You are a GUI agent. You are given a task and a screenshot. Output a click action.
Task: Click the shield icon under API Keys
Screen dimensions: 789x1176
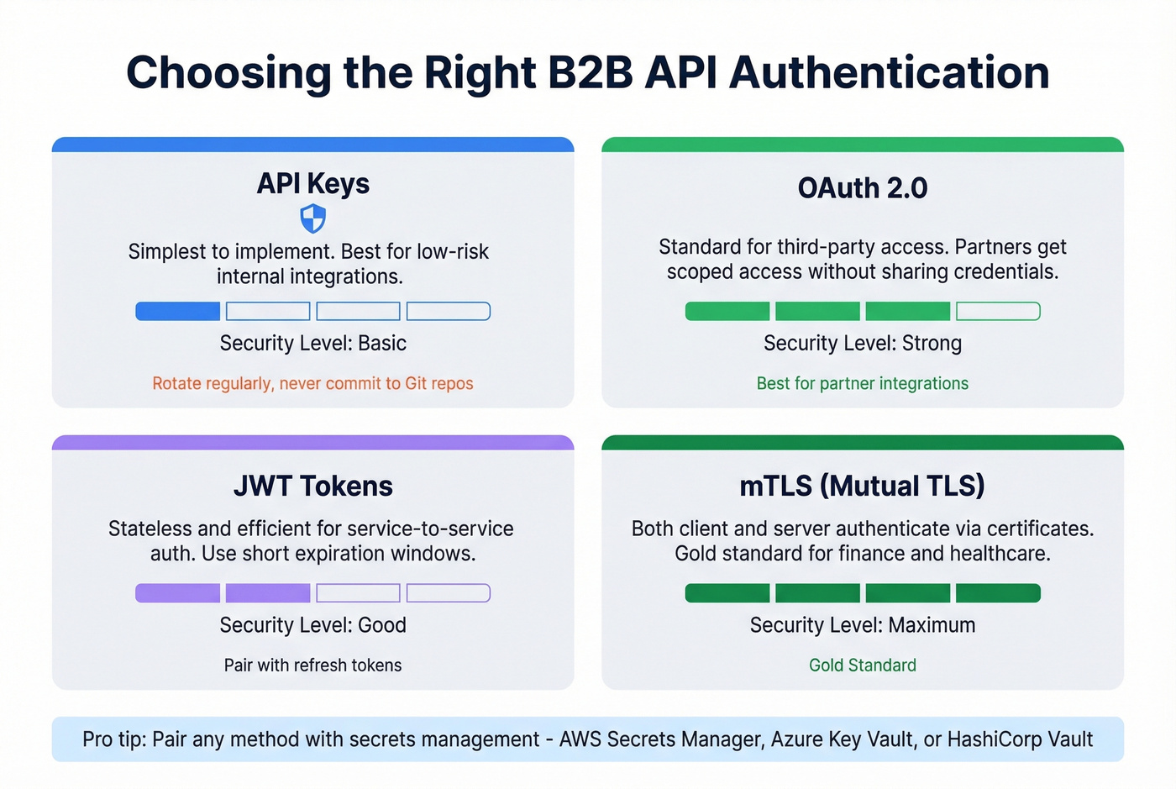click(312, 219)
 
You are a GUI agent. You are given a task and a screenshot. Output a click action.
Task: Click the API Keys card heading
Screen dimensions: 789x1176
click(312, 183)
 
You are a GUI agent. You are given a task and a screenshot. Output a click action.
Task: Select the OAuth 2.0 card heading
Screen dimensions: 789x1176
click(862, 187)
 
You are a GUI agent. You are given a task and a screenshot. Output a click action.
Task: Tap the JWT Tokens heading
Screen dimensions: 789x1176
click(312, 486)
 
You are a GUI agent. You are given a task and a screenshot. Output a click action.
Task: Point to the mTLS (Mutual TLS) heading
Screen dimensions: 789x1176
click(862, 486)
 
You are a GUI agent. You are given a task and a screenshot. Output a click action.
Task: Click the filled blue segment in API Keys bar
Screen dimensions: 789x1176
click(178, 312)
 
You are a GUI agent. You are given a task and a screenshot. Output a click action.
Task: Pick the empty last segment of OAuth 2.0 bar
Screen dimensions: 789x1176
click(998, 312)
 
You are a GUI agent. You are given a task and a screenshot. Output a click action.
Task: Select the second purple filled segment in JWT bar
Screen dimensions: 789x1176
click(268, 593)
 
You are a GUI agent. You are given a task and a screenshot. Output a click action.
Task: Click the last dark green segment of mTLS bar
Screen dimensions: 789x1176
click(998, 593)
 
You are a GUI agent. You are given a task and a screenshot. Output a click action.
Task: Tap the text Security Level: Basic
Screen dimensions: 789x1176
click(312, 343)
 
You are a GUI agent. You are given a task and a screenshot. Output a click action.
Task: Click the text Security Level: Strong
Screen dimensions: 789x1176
click(862, 343)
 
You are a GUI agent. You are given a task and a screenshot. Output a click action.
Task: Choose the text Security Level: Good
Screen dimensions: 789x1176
click(312, 625)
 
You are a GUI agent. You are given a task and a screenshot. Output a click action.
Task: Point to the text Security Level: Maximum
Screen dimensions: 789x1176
click(862, 625)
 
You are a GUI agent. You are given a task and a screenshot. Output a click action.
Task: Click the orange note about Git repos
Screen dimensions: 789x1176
click(312, 383)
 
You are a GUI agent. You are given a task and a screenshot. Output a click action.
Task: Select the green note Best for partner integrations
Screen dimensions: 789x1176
click(862, 383)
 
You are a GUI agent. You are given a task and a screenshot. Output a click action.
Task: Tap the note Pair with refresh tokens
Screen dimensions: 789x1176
click(312, 665)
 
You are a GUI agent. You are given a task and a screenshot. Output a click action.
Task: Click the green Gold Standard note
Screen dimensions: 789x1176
click(862, 665)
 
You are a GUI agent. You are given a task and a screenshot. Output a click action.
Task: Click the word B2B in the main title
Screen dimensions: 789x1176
click(590, 72)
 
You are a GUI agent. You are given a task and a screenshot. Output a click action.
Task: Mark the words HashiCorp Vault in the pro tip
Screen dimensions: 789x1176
click(1020, 739)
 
